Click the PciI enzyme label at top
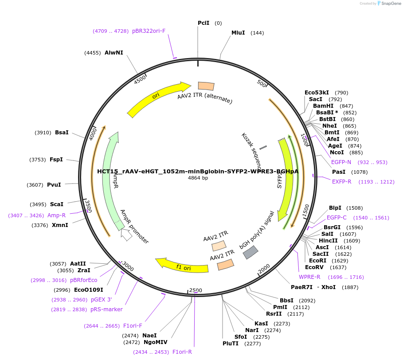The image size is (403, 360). click(x=203, y=23)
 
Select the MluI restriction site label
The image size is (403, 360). click(x=238, y=33)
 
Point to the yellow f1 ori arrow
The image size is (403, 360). click(x=182, y=266)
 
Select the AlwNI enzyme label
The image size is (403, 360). click(x=114, y=53)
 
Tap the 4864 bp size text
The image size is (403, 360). click(x=198, y=178)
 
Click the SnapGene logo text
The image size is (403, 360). click(x=390, y=4)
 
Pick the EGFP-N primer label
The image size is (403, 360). click(x=341, y=162)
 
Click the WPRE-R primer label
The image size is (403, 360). click(x=309, y=277)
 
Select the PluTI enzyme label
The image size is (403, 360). click(x=231, y=343)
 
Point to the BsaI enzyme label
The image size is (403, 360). click(x=62, y=133)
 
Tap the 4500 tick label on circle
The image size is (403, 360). click(x=140, y=80)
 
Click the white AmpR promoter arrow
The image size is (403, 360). click(x=126, y=235)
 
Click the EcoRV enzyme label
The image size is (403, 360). click(x=314, y=267)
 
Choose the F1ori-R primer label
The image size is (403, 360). click(x=182, y=352)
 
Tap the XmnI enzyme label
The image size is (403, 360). click(x=60, y=225)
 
